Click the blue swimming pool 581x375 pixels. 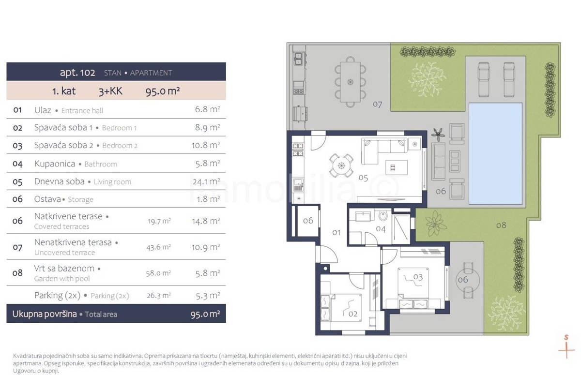(x=495, y=153)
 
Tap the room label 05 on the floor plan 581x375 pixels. (x=363, y=178)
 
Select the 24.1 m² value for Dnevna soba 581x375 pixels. (x=206, y=181)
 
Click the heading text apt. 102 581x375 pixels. (x=77, y=72)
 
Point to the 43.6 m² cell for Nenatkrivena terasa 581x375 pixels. (x=158, y=247)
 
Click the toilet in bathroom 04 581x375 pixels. (x=383, y=215)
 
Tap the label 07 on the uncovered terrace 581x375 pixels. (x=377, y=104)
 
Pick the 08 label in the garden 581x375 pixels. (x=501, y=225)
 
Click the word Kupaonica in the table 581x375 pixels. (x=55, y=164)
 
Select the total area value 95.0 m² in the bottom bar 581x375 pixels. (x=205, y=314)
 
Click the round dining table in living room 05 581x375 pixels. (x=341, y=165)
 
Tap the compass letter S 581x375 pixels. (x=566, y=337)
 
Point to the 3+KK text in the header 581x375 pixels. (x=110, y=91)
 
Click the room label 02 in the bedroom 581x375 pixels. (x=353, y=314)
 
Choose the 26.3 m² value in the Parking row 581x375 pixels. (x=159, y=296)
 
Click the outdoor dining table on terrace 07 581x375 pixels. (x=351, y=82)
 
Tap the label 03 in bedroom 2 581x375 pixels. (x=418, y=277)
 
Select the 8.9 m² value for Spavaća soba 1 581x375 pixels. (x=208, y=127)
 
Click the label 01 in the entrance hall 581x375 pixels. (x=336, y=232)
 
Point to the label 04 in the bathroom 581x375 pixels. (x=381, y=229)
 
